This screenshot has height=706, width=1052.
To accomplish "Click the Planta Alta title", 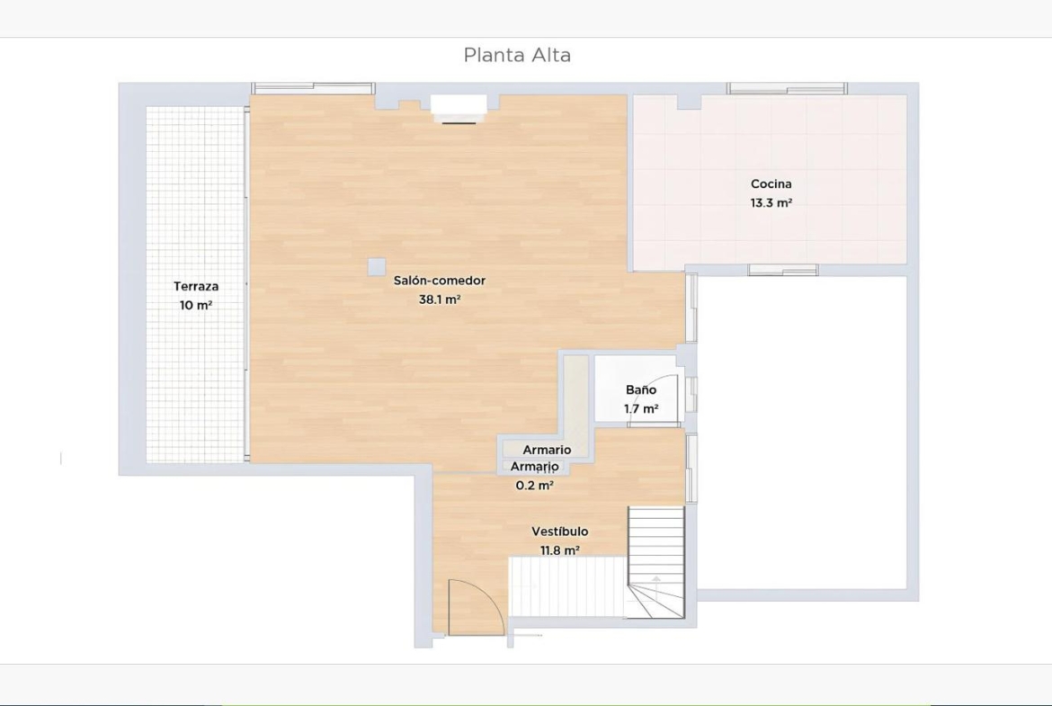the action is point(517,55).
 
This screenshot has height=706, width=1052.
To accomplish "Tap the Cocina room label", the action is point(771,183).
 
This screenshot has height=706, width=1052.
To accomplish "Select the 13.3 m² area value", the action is point(771,202).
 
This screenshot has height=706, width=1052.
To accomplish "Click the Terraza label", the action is point(196,287).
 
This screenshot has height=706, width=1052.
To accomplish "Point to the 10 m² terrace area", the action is point(196,306).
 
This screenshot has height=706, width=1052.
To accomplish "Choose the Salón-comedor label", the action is point(440,282).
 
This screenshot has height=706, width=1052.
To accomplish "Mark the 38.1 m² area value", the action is point(440,300).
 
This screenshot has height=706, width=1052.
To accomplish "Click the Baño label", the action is point(641,390).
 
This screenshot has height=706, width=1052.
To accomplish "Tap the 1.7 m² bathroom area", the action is point(641,408).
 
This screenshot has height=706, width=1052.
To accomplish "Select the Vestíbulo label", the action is point(560,532).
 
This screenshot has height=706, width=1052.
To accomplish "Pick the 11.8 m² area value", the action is point(560,550).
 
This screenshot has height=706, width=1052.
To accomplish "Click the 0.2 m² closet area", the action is point(535,486).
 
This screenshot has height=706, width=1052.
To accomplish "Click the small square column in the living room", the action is point(377,266).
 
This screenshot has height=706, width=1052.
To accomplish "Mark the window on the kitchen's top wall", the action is point(787,88).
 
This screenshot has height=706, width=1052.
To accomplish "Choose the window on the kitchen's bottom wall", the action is point(783,270).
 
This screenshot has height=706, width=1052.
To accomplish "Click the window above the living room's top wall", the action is point(313,88).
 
